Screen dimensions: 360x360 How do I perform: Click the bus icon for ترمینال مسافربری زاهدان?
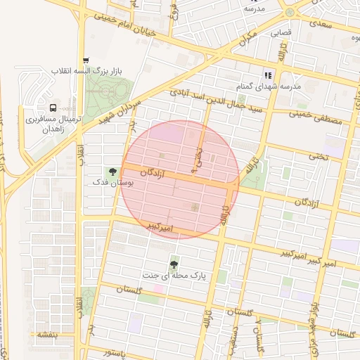pos(53,108)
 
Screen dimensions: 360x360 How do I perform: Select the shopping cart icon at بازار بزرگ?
pos(86,61)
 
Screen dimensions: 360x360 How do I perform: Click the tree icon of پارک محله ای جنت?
pos(174,264)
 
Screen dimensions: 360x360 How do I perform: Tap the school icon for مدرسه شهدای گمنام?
pos(267,75)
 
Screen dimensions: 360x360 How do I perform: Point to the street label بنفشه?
pos(46,335)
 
